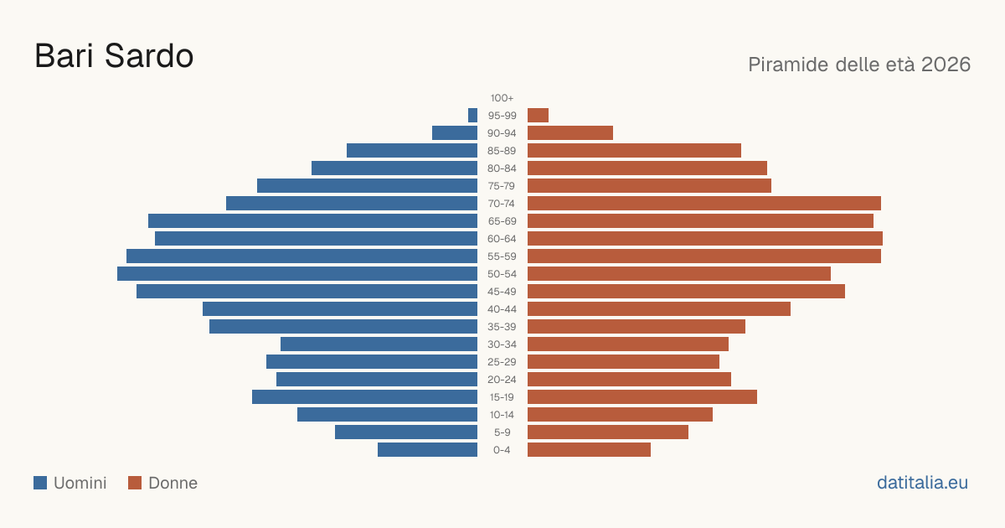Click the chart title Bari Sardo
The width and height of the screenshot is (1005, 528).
[x=114, y=56]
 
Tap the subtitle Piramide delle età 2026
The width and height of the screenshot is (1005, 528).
[x=859, y=65]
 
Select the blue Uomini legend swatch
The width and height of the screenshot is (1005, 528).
[x=40, y=483]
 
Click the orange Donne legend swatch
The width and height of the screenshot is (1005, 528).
[x=135, y=483]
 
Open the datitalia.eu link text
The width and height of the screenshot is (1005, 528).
[x=922, y=483]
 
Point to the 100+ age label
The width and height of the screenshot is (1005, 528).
[x=502, y=98]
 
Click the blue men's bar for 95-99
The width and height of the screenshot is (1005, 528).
[x=472, y=116]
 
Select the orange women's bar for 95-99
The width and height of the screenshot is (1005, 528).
[x=538, y=116]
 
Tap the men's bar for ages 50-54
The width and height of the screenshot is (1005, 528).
[x=297, y=274]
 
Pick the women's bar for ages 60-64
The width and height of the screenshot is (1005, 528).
[x=705, y=238]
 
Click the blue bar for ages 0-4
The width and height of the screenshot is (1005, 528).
[x=428, y=450]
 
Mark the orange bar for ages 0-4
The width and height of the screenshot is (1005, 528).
[x=589, y=450]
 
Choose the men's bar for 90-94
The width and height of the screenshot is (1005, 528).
[x=455, y=133]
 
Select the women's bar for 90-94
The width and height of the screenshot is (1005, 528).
[x=570, y=133]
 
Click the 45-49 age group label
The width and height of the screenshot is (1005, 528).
[x=502, y=292]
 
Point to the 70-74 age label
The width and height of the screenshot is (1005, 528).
[x=502, y=204]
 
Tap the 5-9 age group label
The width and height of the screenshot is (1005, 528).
[x=502, y=432]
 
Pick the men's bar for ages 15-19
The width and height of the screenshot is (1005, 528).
[x=365, y=397]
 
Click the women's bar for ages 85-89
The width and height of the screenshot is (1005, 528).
[x=635, y=150]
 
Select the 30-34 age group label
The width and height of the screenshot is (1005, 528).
[x=502, y=344]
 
